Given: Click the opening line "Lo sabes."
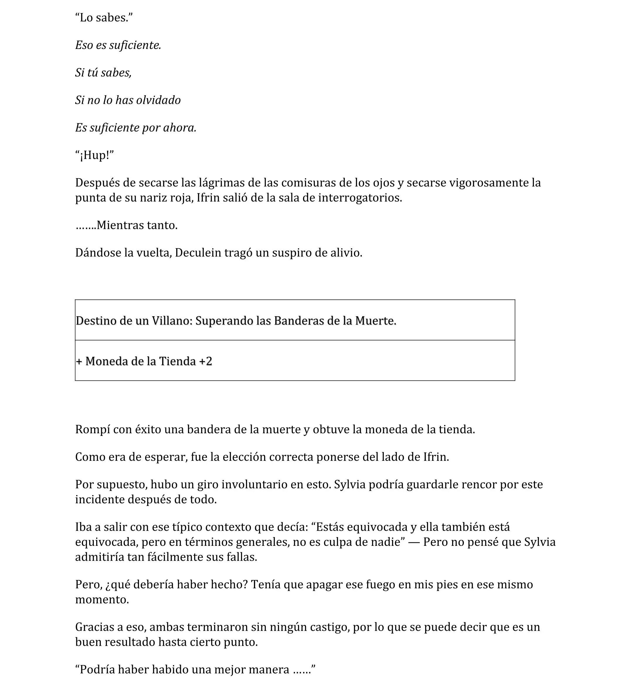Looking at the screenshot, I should click(x=104, y=18).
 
